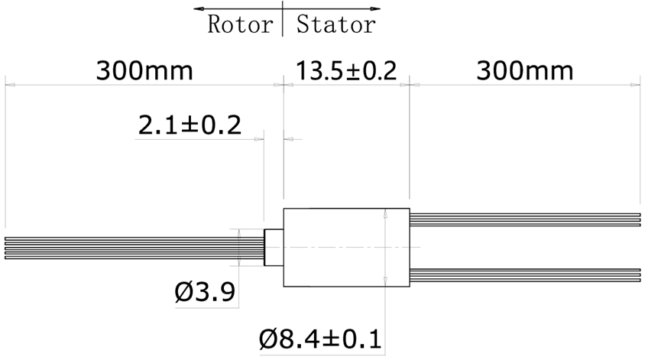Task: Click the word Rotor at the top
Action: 240,24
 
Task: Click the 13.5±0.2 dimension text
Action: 346,71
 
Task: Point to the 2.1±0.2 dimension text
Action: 189,125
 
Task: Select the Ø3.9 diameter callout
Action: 204,291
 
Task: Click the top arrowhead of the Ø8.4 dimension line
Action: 385,213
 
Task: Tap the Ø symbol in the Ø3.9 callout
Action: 184,291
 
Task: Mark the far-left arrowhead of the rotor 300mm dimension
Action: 9,86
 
